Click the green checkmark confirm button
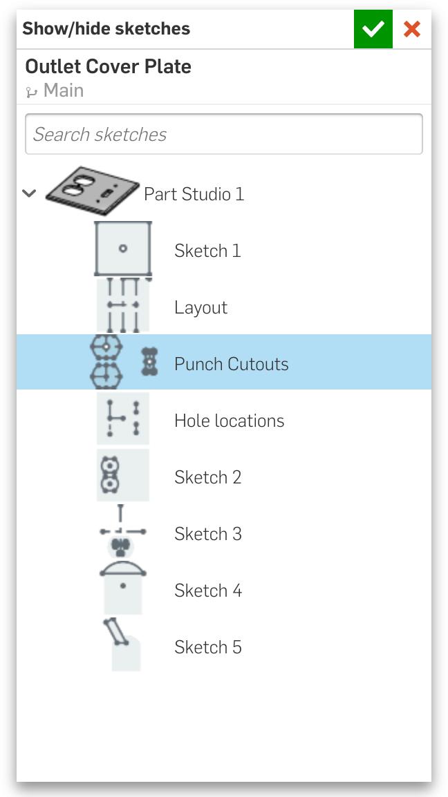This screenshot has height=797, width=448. coord(373,29)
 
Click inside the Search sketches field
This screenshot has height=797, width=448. coord(224,134)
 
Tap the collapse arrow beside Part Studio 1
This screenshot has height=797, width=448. coord(30,193)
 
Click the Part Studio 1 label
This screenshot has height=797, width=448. coord(194,193)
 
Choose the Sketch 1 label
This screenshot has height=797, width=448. coord(207,251)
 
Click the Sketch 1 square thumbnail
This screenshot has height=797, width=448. coord(122,249)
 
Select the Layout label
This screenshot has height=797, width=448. coord(201,307)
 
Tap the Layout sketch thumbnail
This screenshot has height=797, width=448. coord(123,305)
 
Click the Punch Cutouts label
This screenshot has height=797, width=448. coord(232,364)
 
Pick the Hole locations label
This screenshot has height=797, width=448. coord(230,421)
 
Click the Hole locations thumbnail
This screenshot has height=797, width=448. coord(123,419)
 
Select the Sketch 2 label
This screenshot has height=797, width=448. coord(207,477)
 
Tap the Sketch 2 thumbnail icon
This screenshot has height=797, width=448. coord(123,474)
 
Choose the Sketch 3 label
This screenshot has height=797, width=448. coord(207,534)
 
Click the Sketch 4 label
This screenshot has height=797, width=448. coord(207,590)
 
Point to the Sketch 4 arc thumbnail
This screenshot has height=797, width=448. coord(123,587)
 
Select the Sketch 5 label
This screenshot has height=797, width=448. coord(207,647)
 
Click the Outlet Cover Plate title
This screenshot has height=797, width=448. coord(109,66)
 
